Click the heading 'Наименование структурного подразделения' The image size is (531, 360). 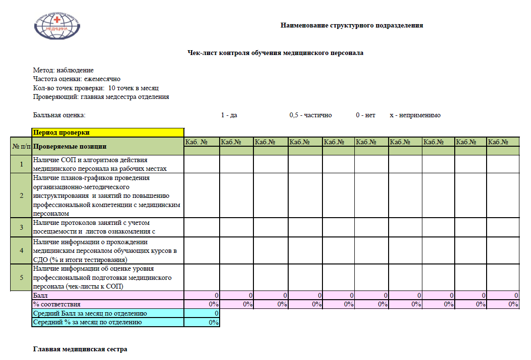tap(351, 26)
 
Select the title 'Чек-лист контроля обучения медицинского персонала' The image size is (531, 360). tap(275, 53)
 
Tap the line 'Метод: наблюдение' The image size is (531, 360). tap(63, 70)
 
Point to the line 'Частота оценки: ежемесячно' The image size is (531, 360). tap(76, 79)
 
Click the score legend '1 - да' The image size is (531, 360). tap(229, 115)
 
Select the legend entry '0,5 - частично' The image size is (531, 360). tap(310, 115)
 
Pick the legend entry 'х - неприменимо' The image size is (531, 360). tap(415, 115)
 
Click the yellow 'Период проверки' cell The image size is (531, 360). tap(108, 132)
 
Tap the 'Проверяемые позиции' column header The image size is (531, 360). tap(70, 146)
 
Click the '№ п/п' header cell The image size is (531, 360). tap(21, 146)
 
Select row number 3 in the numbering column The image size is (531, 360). tap(21, 227)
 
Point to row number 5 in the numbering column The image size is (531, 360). tap(21, 277)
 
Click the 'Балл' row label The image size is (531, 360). tap(41, 295)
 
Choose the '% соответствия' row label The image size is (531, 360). tap(56, 305)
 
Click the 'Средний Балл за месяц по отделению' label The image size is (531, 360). tap(89, 314)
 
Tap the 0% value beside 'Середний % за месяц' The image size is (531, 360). tap(213, 322)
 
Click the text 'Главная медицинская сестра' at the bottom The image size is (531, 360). tap(80, 349)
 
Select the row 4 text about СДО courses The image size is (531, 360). tap(105, 251)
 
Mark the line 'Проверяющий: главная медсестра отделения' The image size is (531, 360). tap(100, 97)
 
